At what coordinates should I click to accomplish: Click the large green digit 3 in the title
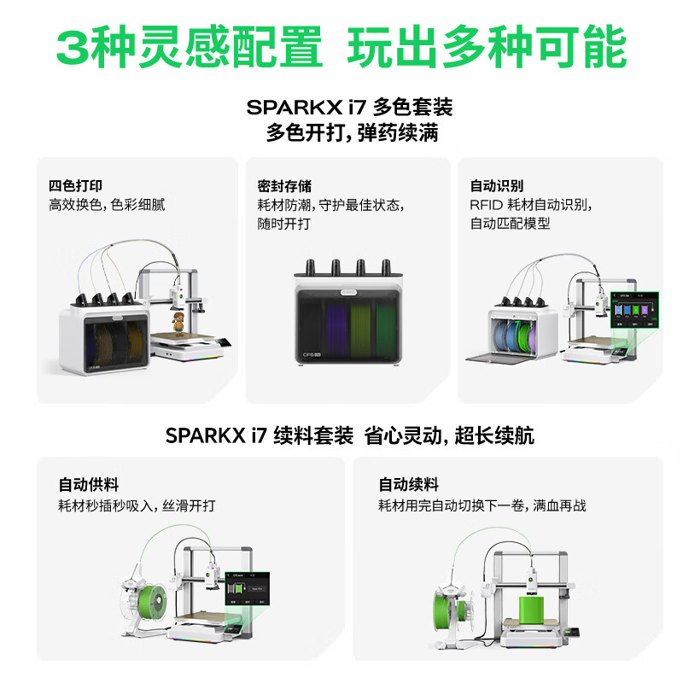coord(73,47)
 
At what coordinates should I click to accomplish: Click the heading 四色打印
coord(75,185)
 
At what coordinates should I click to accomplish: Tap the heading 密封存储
coord(284,186)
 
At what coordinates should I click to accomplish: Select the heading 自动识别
coord(497,185)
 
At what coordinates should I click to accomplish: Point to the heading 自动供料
coord(89,484)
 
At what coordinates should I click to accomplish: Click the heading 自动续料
coord(408,484)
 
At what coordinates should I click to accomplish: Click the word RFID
coord(486,205)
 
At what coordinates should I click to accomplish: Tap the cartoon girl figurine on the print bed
coord(178,324)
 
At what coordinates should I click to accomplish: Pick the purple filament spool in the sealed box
coord(336,330)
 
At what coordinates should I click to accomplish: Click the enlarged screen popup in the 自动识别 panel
coord(634,310)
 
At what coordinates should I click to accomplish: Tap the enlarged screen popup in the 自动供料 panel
coord(247,588)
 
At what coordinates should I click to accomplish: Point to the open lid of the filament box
coord(502,358)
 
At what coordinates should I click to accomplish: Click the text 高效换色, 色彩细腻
coord(107,205)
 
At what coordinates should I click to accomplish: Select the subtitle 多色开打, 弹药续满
coord(352,133)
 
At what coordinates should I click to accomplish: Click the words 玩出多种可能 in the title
coord(487,47)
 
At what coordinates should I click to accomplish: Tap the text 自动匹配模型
coord(510,224)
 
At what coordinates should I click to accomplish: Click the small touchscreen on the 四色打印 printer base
coord(224,343)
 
